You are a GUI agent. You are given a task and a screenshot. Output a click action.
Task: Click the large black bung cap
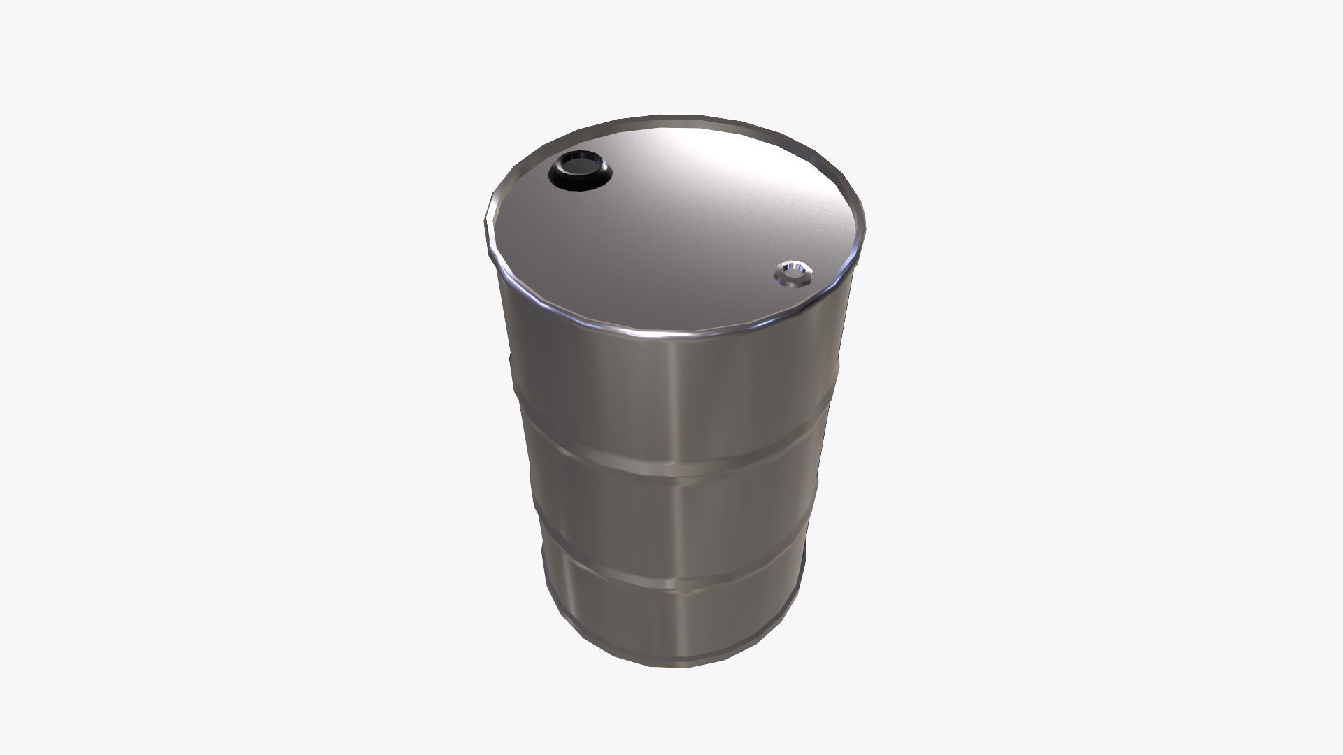click(581, 171)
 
